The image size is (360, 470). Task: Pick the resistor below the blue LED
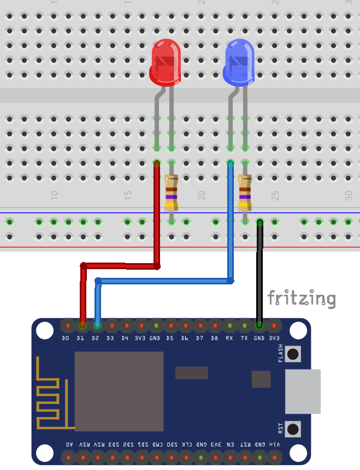245,193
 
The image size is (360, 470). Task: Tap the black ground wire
260,273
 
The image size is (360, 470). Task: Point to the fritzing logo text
301,298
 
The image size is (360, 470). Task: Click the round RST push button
293,429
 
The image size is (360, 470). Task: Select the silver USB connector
303,391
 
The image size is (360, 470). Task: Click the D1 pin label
80,338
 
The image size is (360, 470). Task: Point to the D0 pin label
66,338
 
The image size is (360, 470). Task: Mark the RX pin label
229,338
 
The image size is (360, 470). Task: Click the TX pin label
244,338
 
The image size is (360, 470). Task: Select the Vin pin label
274,444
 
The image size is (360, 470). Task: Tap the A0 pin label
68,444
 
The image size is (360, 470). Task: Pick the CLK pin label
186,444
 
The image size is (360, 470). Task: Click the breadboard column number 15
128,194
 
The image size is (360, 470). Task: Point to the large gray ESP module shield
119,391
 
